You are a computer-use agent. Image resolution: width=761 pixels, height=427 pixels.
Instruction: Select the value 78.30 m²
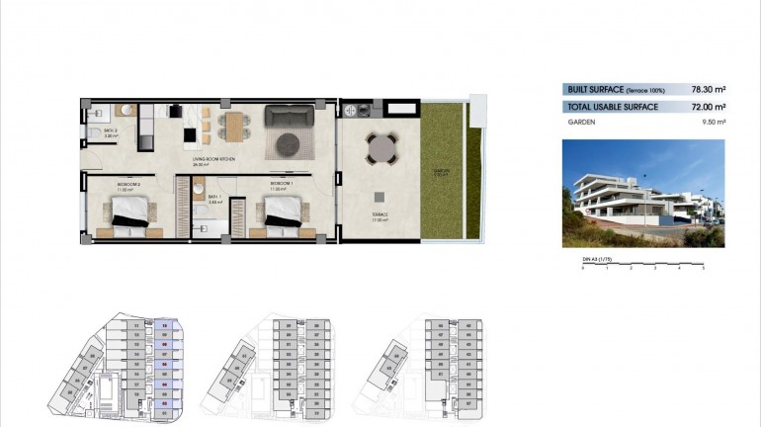click(710, 89)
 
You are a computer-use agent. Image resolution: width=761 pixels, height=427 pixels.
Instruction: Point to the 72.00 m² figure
click(710, 106)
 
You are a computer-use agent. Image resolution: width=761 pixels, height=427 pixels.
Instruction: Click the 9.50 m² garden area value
click(714, 123)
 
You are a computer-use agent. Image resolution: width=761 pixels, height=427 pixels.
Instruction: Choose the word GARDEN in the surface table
click(580, 123)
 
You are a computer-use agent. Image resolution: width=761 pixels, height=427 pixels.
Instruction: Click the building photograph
click(642, 193)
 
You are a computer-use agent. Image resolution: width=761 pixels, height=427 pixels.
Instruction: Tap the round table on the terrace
click(380, 149)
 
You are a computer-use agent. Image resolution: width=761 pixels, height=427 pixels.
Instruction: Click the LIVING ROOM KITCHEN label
click(213, 158)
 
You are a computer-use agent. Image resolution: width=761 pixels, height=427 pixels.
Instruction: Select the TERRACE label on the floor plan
click(380, 214)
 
